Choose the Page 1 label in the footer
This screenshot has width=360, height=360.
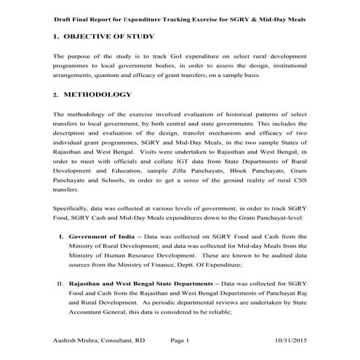click(x=180, y=340)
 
